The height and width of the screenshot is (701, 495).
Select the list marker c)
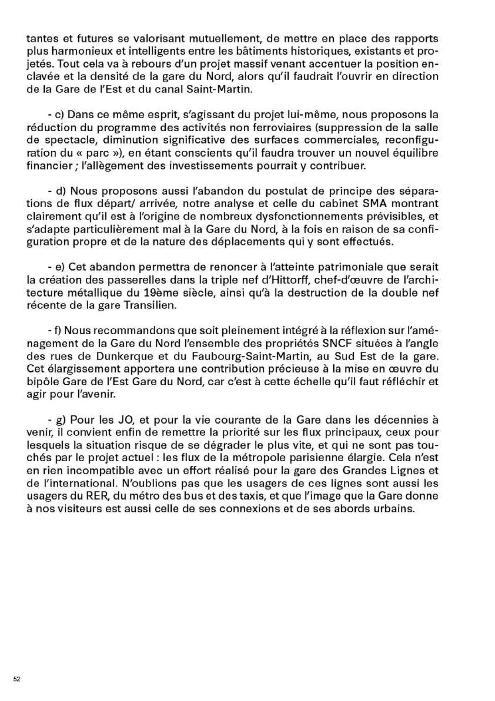coord(59,115)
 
